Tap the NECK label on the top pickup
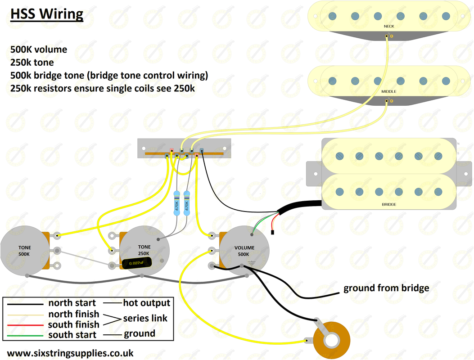388,27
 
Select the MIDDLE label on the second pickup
389,91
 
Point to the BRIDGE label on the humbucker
389,204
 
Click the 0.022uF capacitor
137,263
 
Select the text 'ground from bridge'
386,288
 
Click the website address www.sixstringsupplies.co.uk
70,353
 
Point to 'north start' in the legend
72,303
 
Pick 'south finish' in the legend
74,324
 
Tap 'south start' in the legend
72,334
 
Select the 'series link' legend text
145,318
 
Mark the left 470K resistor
177,205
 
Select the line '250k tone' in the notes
32,63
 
